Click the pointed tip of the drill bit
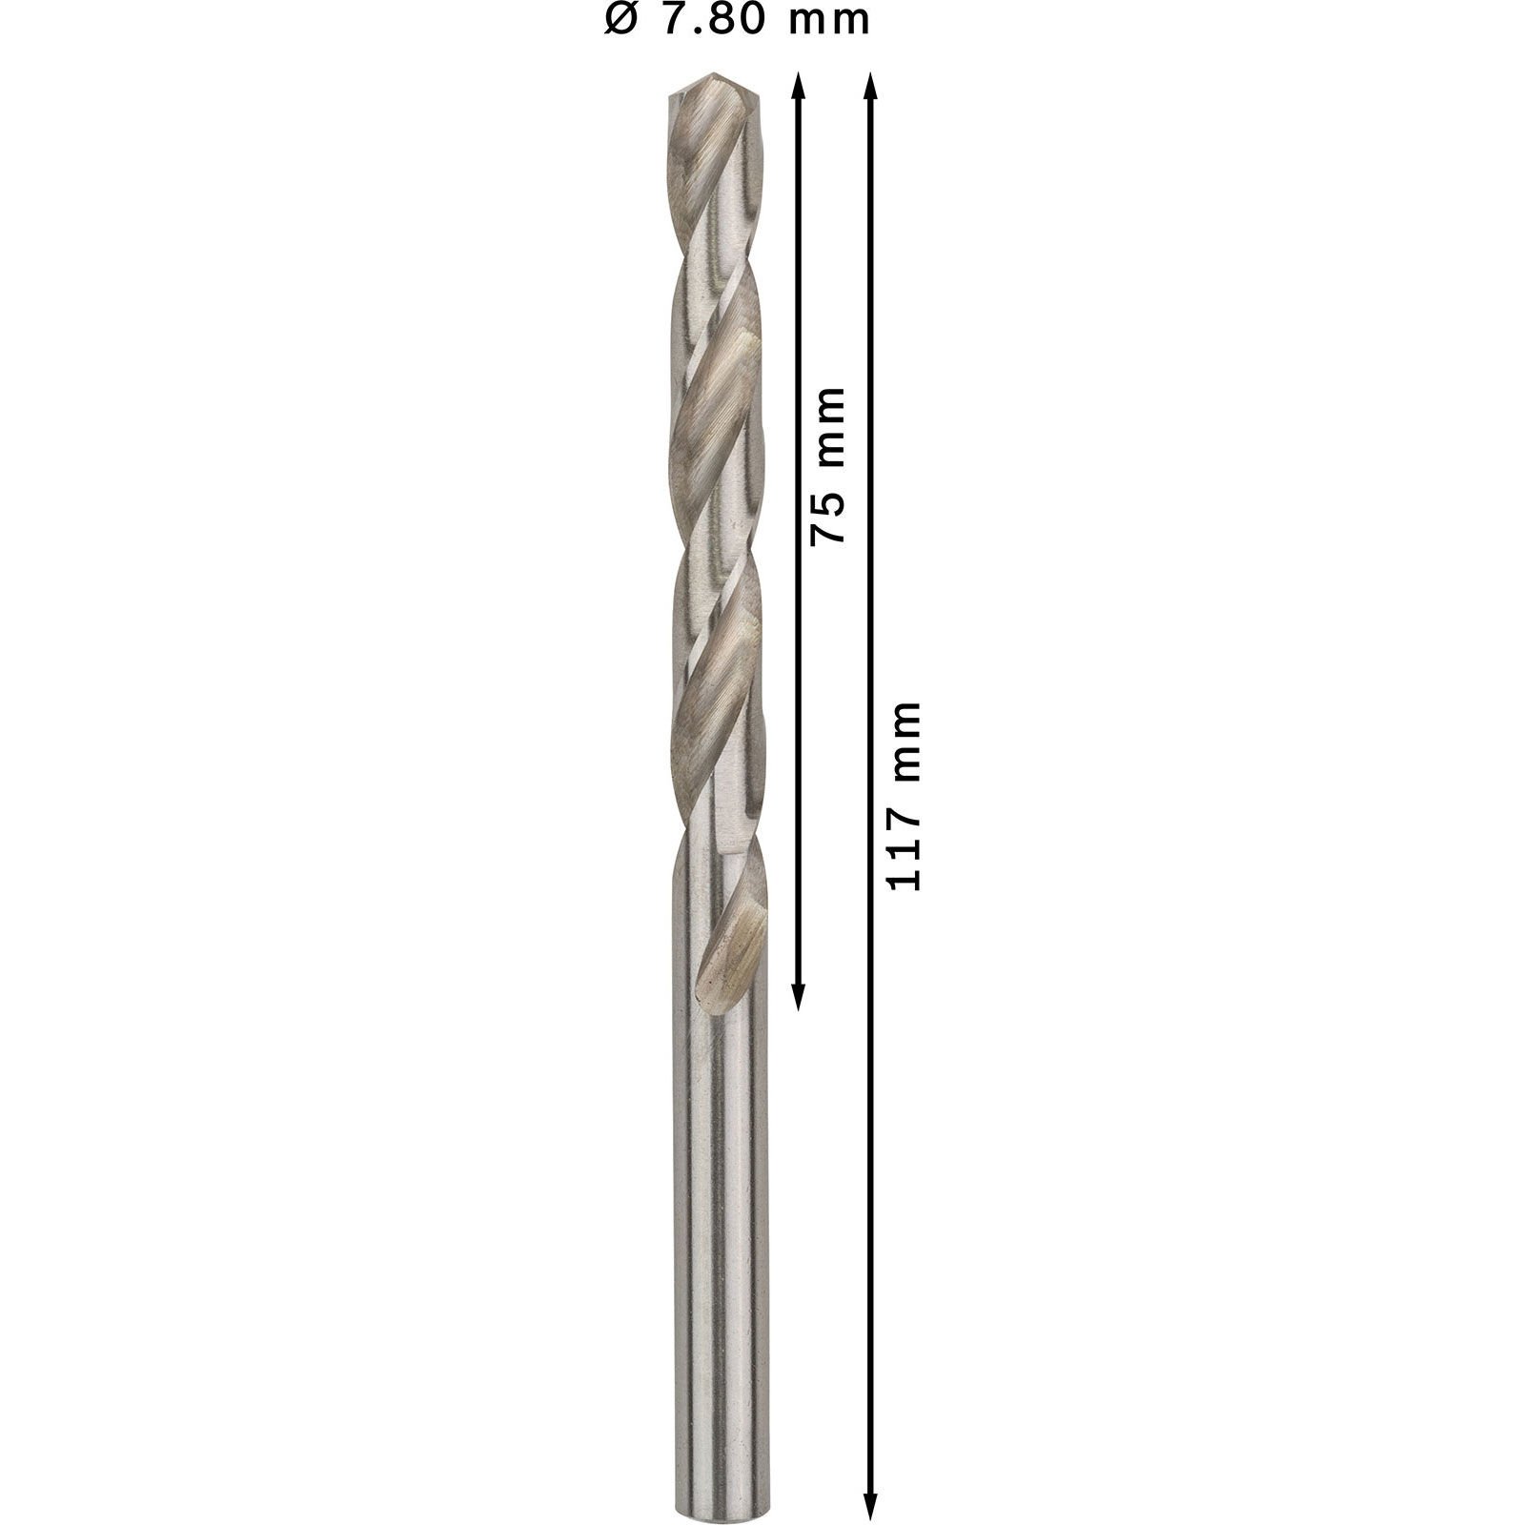tap(714, 73)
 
